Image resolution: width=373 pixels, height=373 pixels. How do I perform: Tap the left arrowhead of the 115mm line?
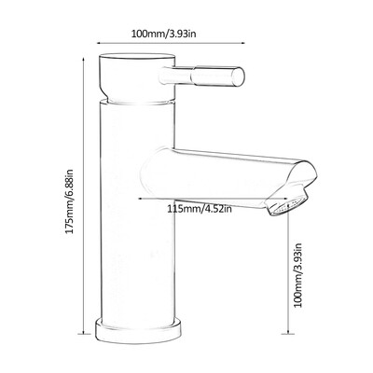pyautogui.click(x=140, y=199)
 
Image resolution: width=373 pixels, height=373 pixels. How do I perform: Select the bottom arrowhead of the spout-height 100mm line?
pyautogui.click(x=286, y=333)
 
